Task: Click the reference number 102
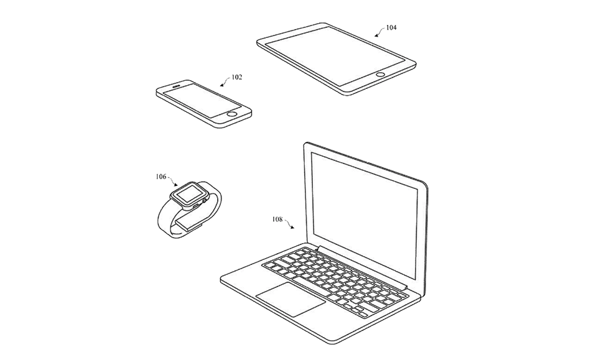(236, 77)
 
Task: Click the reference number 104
(391, 27)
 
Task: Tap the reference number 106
(161, 177)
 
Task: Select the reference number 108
(277, 219)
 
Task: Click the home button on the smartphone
(233, 113)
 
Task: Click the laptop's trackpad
(291, 299)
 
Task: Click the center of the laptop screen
(365, 215)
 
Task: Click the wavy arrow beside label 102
(225, 81)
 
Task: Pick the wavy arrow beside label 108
(289, 223)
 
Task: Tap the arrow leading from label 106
(172, 181)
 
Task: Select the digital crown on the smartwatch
(205, 201)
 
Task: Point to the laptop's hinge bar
(363, 266)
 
